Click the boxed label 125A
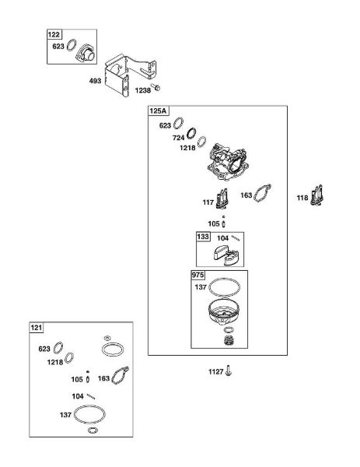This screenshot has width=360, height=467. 159,111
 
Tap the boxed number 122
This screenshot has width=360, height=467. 54,34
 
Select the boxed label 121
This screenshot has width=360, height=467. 37,328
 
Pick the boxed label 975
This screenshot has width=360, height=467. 197,275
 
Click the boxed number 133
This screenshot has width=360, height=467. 203,237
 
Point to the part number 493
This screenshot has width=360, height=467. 95,81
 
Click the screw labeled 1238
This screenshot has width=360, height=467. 156,87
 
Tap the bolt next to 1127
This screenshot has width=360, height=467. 228,370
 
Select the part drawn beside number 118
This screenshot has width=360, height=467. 316,195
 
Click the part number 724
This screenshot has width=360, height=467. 179,138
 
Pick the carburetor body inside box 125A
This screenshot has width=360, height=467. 228,163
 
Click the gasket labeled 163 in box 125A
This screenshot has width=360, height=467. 263,193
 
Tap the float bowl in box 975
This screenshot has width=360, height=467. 225,312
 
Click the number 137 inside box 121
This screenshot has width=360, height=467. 65,415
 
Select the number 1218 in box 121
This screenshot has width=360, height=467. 55,362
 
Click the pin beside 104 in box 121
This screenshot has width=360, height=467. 91,396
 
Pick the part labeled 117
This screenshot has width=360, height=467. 222,198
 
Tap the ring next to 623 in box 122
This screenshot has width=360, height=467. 72,44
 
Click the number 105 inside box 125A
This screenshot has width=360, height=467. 214,223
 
